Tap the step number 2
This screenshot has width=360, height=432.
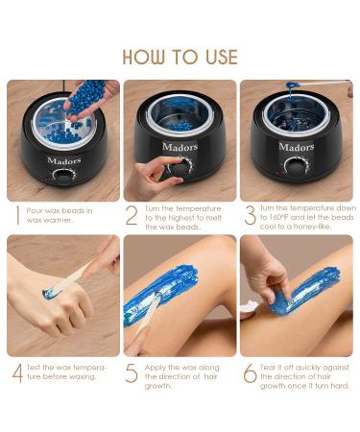(132, 216)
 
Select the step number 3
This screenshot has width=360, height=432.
(248, 216)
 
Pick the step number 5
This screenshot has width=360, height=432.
(132, 373)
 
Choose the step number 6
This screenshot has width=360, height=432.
(249, 373)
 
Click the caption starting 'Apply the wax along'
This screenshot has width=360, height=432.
(183, 372)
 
